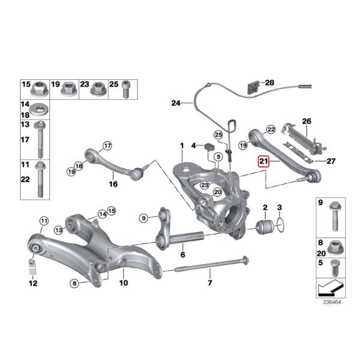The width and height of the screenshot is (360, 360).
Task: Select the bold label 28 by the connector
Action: click(269, 82)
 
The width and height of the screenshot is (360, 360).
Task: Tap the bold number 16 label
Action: click(113, 185)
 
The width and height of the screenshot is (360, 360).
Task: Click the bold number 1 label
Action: click(181, 146)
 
